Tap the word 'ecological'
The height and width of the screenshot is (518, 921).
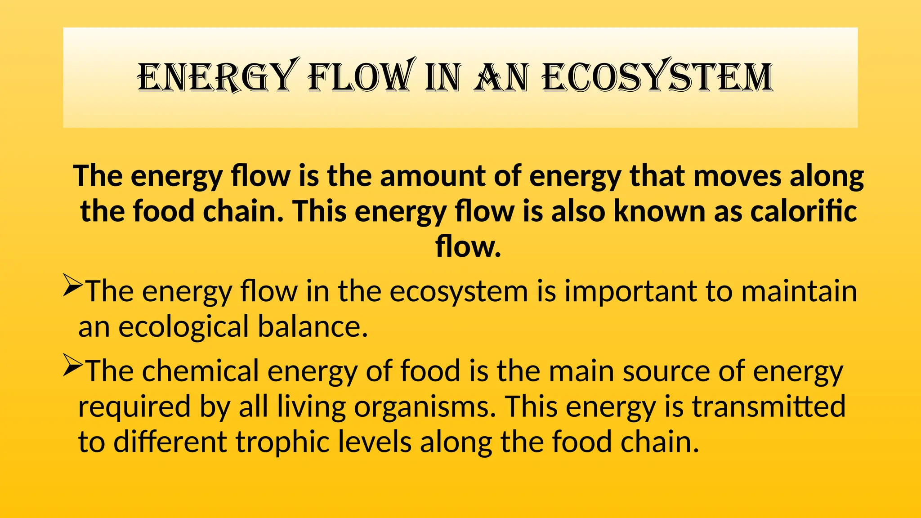183,326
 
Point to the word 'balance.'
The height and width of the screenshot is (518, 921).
313,326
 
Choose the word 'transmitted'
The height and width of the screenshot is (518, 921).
769,406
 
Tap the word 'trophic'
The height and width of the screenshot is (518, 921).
283,442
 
